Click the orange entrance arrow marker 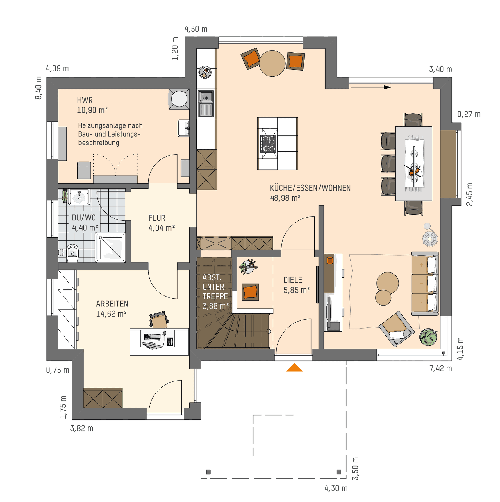click(x=294, y=367)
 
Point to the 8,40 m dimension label click(x=38, y=88)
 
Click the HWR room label click(x=85, y=100)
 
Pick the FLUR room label click(x=157, y=218)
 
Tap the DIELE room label click(x=293, y=280)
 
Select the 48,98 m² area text click(x=285, y=198)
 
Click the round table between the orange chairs click(x=272, y=63)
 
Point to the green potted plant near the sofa click(x=428, y=337)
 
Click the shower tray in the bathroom click(x=110, y=247)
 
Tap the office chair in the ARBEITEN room click(x=159, y=320)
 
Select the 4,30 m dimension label click(x=336, y=488)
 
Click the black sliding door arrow click(x=371, y=87)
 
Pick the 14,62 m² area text click(x=111, y=314)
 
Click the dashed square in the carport click(x=273, y=435)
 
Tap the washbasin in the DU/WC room click(x=79, y=197)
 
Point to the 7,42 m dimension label click(x=441, y=369)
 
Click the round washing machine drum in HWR click(x=179, y=99)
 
